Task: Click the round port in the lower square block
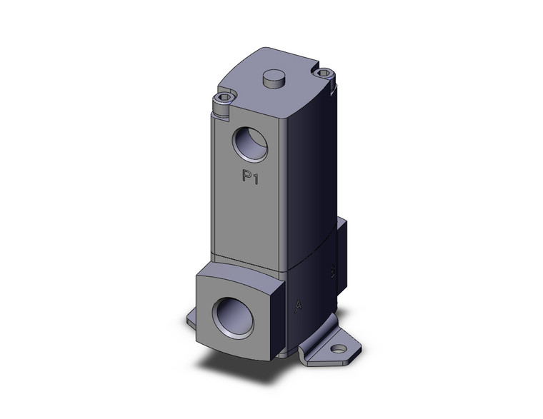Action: [x=235, y=314]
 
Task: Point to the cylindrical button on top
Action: [x=273, y=79]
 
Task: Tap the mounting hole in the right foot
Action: [x=338, y=350]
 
